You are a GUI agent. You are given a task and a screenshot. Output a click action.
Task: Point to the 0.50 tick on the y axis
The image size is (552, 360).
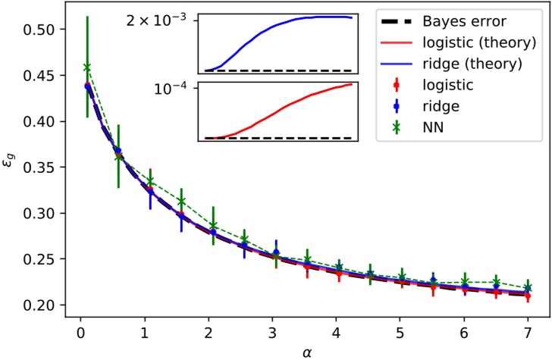[x=41, y=30]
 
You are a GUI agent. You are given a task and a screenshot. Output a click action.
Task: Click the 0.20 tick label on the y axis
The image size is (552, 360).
[x=41, y=305]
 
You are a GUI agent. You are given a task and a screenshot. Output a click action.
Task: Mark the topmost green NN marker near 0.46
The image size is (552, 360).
[x=87, y=67]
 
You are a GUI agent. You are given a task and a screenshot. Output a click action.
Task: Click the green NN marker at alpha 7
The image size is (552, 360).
[x=528, y=288]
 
